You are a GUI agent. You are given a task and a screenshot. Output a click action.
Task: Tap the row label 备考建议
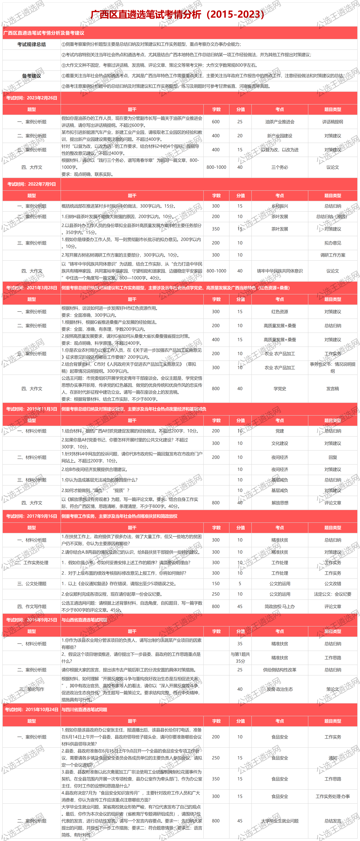[32, 76]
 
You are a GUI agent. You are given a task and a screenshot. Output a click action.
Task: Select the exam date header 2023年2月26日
[32, 98]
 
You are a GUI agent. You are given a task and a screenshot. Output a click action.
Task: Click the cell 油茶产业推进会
[280, 122]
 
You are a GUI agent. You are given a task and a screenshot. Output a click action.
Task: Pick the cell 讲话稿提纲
[333, 122]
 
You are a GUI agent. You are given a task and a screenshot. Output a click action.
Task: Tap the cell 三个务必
[280, 167]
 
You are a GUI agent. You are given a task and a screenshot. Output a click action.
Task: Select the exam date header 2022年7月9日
[32, 184]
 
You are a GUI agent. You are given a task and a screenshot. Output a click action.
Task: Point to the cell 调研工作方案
[333, 255]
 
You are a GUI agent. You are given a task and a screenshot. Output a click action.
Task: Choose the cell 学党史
[280, 389]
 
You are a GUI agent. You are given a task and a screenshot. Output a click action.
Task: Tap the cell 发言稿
[333, 389]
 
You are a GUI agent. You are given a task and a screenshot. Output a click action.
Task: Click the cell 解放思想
[280, 503]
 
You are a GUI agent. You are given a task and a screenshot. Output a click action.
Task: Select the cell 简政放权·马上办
[280, 607]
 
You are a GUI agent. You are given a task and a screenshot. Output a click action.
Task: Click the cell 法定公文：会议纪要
[333, 594]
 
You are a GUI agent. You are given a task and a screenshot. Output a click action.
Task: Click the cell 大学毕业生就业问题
[280, 821]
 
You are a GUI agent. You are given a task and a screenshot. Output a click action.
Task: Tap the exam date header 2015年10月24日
[32, 710]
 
